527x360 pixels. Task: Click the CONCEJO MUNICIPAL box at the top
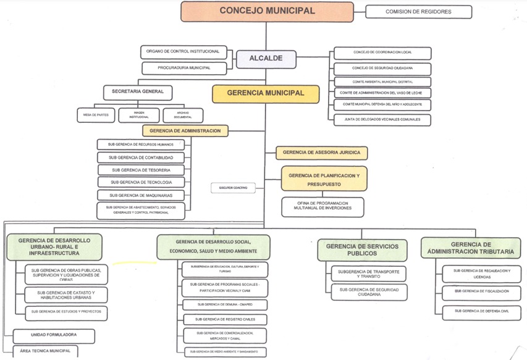266,11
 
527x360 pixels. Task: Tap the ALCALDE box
266,59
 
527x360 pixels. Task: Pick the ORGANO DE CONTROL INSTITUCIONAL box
183,51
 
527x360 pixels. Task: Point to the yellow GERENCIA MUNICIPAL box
266,93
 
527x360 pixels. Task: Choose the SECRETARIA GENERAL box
138,92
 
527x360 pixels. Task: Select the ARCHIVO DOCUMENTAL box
183,114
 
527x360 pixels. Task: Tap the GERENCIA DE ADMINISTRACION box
185,130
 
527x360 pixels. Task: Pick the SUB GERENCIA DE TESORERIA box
141,170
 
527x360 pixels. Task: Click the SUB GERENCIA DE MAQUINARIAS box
141,195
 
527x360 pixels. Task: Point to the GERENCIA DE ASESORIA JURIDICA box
321,152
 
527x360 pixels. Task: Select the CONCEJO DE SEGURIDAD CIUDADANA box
382,68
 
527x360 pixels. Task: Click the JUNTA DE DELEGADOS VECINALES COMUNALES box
382,119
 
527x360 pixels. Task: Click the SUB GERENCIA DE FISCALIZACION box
481,291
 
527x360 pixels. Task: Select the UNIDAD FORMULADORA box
54,335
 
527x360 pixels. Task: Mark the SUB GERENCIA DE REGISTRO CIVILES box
224,319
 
